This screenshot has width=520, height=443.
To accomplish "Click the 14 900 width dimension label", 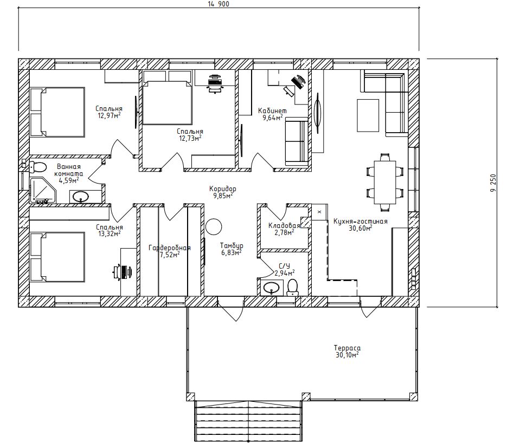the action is tap(219, 4).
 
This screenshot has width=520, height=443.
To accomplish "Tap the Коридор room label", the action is tap(223, 189).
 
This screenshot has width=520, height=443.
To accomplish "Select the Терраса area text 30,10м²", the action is tap(347, 355).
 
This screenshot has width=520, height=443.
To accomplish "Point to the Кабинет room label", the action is tap(272, 110).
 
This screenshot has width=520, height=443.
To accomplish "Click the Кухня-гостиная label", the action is tap(360, 221).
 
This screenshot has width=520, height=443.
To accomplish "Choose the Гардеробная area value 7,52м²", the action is tap(170, 255).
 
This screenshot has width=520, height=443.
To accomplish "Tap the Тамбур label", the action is tap(232, 245).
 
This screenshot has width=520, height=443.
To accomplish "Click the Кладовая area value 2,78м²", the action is tap(284, 232).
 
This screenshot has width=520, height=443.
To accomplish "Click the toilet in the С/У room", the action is tap(292, 287).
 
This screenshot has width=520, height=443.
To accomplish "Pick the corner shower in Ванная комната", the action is tap(43, 191).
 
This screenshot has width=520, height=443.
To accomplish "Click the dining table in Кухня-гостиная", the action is tap(385, 182).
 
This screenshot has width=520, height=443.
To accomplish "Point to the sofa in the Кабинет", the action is tap(297, 143).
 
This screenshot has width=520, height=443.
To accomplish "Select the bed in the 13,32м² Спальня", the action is tap(57, 257).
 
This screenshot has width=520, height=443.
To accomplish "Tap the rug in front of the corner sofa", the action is tap(368, 115).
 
